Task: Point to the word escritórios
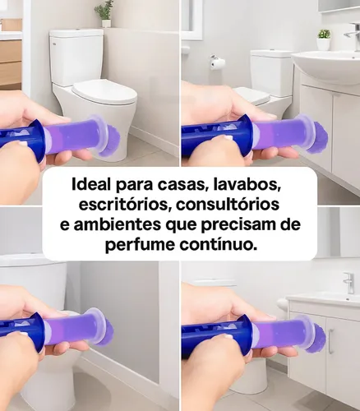(120, 203)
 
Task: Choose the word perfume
(140, 246)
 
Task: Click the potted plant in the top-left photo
(104, 12)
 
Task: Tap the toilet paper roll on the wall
(218, 62)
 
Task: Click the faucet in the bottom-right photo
(349, 281)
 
